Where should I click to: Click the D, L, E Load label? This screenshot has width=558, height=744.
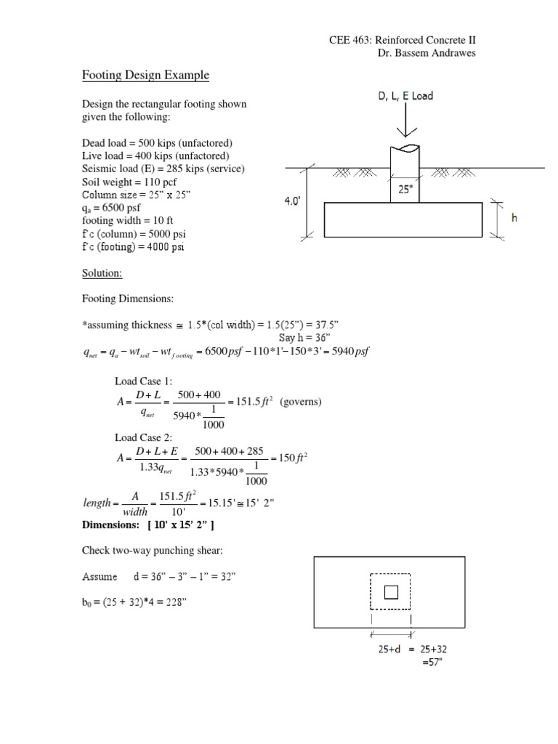(405, 96)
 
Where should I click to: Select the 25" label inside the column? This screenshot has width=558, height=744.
(405, 190)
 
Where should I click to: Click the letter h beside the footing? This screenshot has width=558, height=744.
(514, 217)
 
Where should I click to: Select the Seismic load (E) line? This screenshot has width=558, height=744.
(163, 169)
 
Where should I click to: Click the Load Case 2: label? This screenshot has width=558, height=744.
(143, 437)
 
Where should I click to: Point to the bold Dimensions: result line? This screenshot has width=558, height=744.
(149, 525)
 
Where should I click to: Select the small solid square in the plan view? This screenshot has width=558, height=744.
(391, 592)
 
